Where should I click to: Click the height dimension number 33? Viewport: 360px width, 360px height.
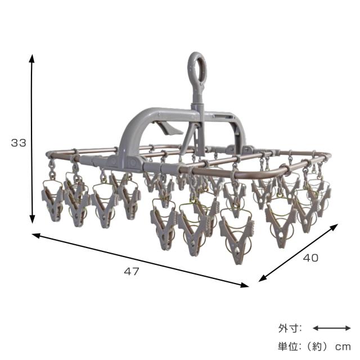19,143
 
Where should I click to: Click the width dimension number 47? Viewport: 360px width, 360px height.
132,272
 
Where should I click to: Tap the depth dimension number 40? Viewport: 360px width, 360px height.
310,258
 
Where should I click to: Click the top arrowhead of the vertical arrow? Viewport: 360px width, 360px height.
32,58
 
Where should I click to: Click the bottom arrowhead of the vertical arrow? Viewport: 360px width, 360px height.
32,219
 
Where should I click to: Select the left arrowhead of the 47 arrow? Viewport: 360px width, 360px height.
36,235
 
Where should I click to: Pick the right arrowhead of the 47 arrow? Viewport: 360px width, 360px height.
244,285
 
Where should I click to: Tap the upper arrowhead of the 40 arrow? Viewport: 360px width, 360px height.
334,227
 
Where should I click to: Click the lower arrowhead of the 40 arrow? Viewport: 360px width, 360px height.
263,278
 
